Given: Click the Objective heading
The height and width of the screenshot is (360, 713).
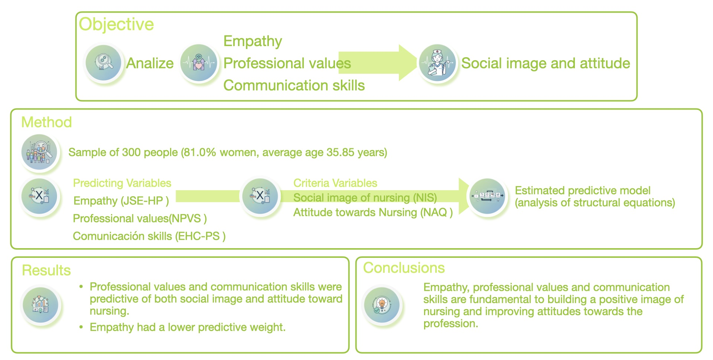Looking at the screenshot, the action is point(116,25).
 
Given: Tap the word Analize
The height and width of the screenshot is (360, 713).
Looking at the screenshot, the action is point(150,64).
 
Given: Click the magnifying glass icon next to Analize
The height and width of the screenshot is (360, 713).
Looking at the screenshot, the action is point(104,62).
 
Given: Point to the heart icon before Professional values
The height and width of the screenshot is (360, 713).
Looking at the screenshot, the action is point(199,63).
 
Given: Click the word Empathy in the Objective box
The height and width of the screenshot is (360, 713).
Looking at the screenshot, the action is point(253,41).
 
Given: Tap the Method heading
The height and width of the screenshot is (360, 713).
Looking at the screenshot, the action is point(46,122).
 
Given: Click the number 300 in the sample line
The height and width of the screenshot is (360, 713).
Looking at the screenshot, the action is point(131,152).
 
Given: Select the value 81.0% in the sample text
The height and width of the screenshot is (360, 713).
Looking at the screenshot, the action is point(201,152).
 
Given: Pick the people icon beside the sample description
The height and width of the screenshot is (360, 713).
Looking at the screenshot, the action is point(39,152).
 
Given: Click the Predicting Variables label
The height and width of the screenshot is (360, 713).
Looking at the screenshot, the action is point(122,183).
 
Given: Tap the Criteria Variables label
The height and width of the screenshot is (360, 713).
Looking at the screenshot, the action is point(335,183).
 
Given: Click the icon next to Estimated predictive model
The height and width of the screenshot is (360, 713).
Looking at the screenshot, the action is point(488,196).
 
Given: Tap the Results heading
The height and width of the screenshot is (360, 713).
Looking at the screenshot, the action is point(46,270).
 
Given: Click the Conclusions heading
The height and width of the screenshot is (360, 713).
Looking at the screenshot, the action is point(404,268).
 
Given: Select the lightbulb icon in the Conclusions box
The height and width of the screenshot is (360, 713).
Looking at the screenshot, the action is point(382,305).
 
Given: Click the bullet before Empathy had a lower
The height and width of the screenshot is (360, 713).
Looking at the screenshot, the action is point(81,327).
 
